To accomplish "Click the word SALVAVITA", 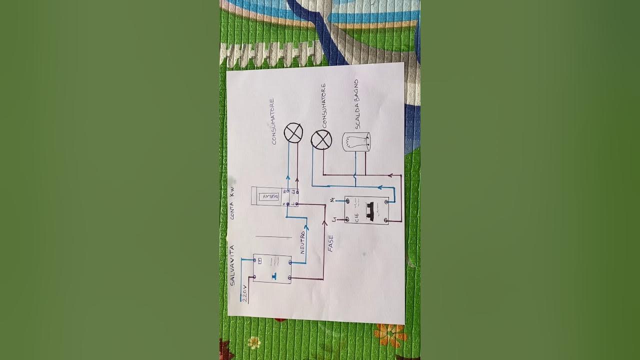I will click(x=232, y=265).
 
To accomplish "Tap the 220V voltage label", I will click(x=244, y=293).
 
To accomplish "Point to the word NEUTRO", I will click(x=302, y=243).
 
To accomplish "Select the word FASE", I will click(x=330, y=243).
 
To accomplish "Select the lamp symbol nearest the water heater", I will click(x=321, y=140).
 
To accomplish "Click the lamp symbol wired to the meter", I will click(x=293, y=133).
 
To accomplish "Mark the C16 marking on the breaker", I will click(x=356, y=217).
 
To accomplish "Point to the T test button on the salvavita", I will click(x=273, y=275).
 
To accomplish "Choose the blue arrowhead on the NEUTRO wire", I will click(x=306, y=227).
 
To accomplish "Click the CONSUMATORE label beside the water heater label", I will click(x=324, y=106).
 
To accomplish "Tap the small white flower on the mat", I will click(x=254, y=342).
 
